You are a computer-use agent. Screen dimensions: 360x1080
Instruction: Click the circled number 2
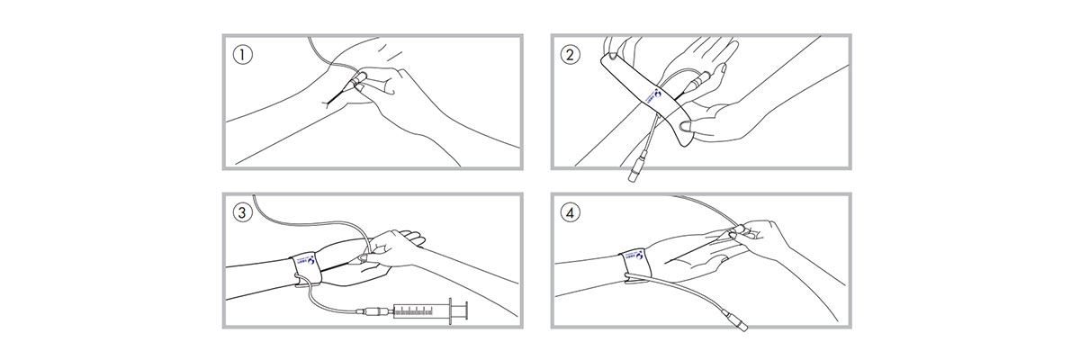click(x=571, y=54)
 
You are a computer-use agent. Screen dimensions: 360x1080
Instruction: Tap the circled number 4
click(x=571, y=213)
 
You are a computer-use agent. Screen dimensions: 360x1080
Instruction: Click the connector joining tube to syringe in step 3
click(x=374, y=312)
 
